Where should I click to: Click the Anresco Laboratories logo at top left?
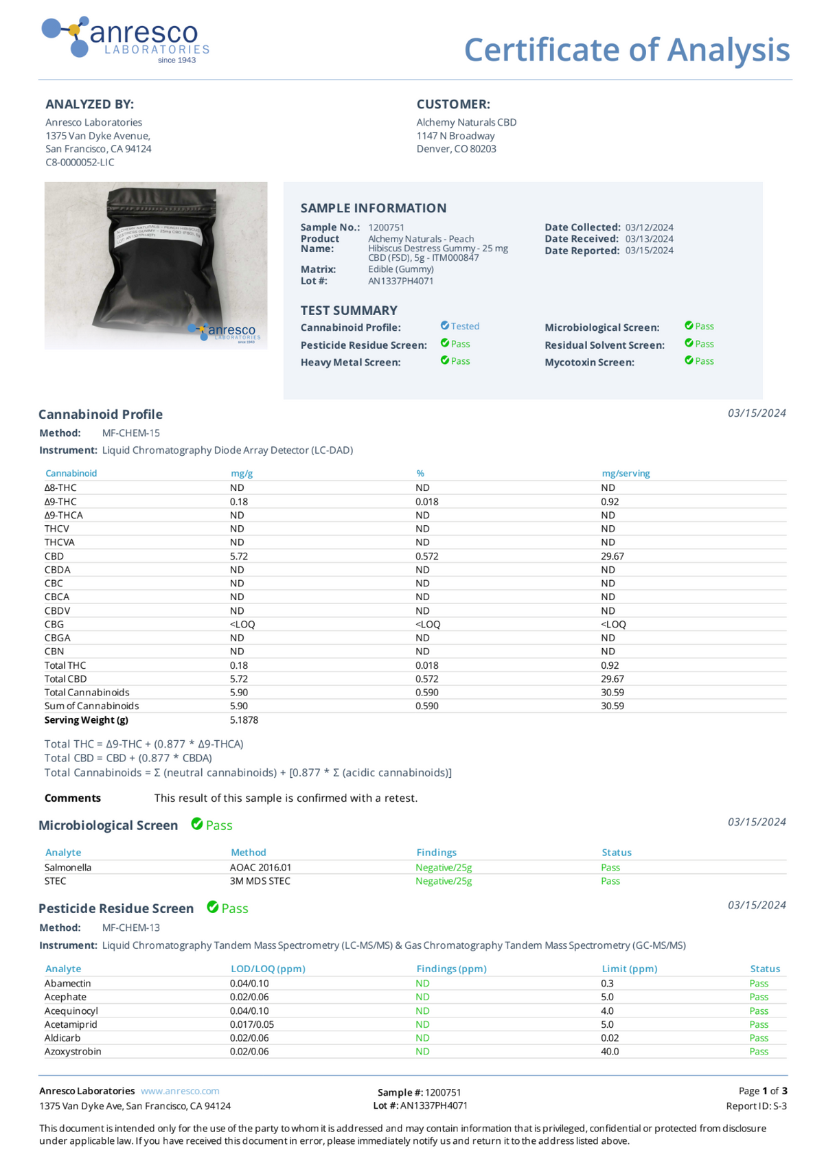pos(125,39)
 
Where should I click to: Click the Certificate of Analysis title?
pos(626,49)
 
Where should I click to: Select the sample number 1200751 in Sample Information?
pos(386,227)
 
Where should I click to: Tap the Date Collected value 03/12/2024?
pos(649,227)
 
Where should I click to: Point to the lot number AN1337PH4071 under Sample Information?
pos(400,281)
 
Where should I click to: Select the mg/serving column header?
pos(626,473)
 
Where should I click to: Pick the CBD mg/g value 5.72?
pos(239,556)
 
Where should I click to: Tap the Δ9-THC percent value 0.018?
pos(426,502)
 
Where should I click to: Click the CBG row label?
pos(54,624)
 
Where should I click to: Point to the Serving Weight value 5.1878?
pos(244,720)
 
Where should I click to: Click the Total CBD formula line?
pos(128,758)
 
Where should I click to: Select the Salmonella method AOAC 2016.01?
pos(260,867)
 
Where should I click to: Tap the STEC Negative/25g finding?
pos(444,881)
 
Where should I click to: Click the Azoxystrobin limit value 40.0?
pos(610,1051)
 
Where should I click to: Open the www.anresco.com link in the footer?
pos(180,1091)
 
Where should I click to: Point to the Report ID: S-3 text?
pos(756,1106)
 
